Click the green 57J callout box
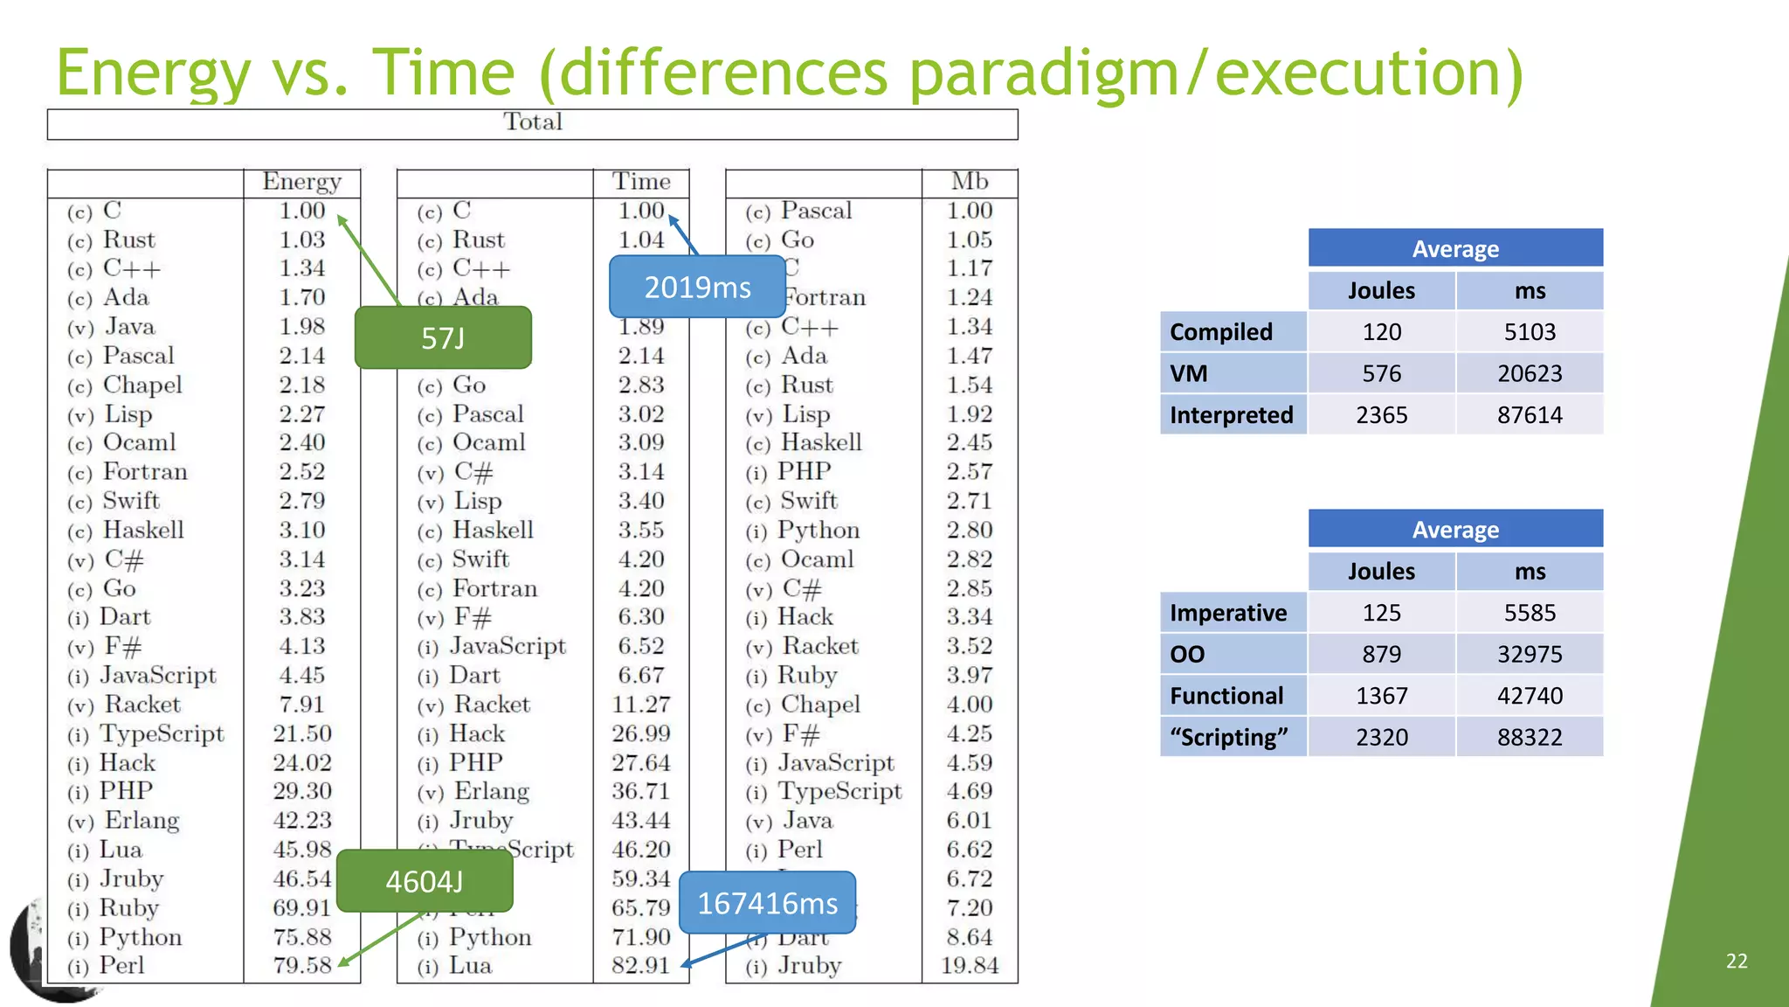pos(443,337)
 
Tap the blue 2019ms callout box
pos(697,287)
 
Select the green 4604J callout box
pos(425,881)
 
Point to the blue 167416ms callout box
pos(767,903)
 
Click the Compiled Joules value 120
pos(1381,332)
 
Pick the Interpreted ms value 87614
pos(1530,415)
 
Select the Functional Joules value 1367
pos(1381,696)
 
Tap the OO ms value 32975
pos(1530,654)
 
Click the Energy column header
pos(301,182)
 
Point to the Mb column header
pos(970,182)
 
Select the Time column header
pos(641,182)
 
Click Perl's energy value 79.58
pos(301,966)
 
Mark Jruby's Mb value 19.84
pos(970,966)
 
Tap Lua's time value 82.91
pos(640,966)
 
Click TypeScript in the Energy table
pos(162,734)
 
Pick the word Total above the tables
pos(532,122)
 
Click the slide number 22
pos(1737,962)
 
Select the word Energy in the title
pos(154,73)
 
